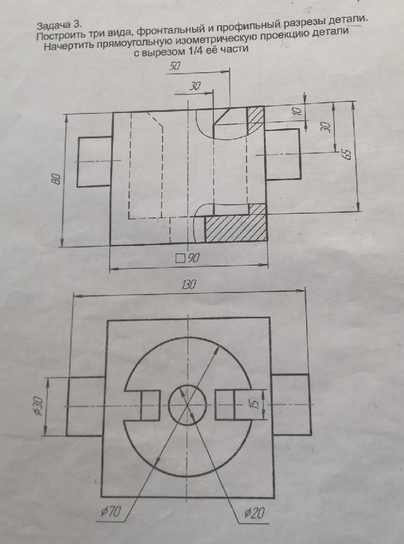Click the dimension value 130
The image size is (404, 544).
pyautogui.click(x=189, y=285)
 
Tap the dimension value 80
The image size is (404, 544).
pyautogui.click(x=57, y=179)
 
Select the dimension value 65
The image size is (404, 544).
pyautogui.click(x=347, y=154)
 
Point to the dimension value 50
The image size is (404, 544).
pyautogui.click(x=175, y=66)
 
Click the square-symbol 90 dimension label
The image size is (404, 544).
pyautogui.click(x=187, y=258)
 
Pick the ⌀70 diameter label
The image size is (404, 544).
pyautogui.click(x=110, y=512)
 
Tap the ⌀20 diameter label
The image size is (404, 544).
pyautogui.click(x=255, y=512)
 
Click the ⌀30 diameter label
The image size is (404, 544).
pyautogui.click(x=39, y=406)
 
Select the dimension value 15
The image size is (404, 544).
pyautogui.click(x=255, y=404)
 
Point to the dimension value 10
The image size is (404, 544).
pyautogui.click(x=296, y=111)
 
